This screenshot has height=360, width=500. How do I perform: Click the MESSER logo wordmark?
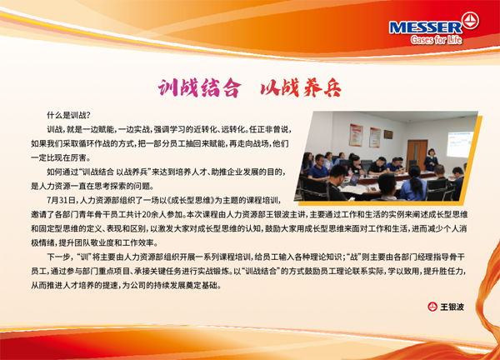[x=425, y=27]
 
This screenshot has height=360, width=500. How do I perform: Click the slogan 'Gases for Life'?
[x=436, y=39]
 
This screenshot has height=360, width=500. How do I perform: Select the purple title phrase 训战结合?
[x=199, y=87]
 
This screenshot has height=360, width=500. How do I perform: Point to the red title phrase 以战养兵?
[x=301, y=87]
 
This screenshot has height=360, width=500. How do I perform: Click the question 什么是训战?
[x=69, y=115]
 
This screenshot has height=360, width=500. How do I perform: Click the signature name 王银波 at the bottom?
[x=452, y=307]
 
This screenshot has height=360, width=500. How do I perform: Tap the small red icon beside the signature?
[x=432, y=307]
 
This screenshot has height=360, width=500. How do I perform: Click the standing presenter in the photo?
[x=431, y=160]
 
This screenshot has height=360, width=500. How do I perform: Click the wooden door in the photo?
[x=417, y=155]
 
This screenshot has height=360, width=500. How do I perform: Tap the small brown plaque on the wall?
[x=388, y=134]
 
